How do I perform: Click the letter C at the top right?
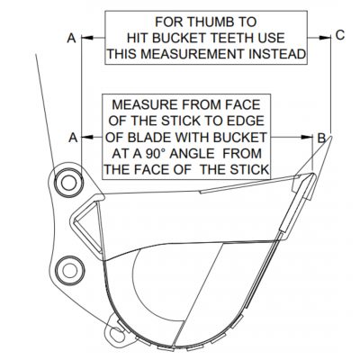340,35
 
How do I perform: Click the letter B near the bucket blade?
321,138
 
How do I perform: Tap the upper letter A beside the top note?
72,38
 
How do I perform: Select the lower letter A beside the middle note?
73,138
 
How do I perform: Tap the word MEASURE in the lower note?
145,104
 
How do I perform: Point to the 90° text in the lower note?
156,154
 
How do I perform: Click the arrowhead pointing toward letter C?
323,38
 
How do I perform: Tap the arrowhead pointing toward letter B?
307,137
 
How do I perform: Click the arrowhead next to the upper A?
87,38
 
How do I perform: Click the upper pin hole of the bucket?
68,184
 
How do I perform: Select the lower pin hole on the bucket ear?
70,271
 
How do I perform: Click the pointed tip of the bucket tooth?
331,136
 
